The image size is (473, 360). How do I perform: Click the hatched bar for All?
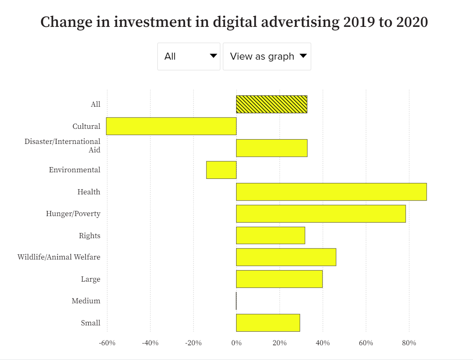pyautogui.click(x=271, y=104)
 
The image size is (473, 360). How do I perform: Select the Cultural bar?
pyautogui.click(x=171, y=126)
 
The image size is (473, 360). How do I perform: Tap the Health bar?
pyautogui.click(x=331, y=192)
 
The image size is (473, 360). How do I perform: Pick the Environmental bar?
pyautogui.click(x=221, y=170)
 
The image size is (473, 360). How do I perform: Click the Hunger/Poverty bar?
pyautogui.click(x=321, y=214)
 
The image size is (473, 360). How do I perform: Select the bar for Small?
pyautogui.click(x=268, y=323)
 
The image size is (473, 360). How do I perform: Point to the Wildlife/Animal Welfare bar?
pyautogui.click(x=286, y=257)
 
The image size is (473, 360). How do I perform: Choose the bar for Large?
pyautogui.click(x=279, y=279)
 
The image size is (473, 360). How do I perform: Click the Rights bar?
pyautogui.click(x=270, y=236)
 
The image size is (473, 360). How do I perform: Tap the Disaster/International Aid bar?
pyautogui.click(x=271, y=148)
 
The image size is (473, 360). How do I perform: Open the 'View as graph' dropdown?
pyautogui.click(x=267, y=56)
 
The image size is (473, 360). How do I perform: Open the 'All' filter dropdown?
pyautogui.click(x=189, y=56)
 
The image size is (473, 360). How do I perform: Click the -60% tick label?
pyautogui.click(x=107, y=343)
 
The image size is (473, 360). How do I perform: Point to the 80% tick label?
pyautogui.click(x=409, y=343)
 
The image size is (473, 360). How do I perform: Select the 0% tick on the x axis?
pyautogui.click(x=236, y=343)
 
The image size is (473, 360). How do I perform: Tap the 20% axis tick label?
pyautogui.click(x=280, y=343)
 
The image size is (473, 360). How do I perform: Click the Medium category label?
pyautogui.click(x=86, y=301)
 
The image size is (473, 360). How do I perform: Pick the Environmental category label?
pyautogui.click(x=75, y=170)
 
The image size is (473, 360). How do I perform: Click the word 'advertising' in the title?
pyautogui.click(x=300, y=22)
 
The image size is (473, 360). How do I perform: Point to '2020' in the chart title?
pyautogui.click(x=412, y=22)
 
